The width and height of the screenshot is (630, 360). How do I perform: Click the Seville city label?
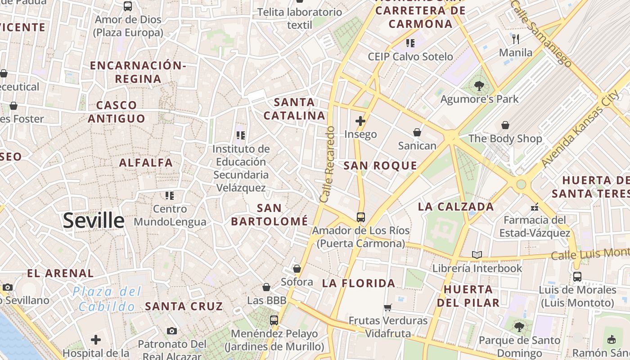pyautogui.click(x=94, y=220)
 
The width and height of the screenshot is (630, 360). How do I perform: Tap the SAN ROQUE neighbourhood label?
pyautogui.click(x=380, y=166)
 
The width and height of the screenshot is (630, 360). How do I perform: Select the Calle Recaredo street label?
pyautogui.click(x=328, y=164)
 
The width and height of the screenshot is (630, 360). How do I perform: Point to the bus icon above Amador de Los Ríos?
pyautogui.click(x=361, y=217)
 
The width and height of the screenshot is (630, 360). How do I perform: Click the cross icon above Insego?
pyautogui.click(x=360, y=121)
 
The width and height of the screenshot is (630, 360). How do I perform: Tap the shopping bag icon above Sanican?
pyautogui.click(x=417, y=132)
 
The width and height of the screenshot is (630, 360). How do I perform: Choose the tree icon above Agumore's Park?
pyautogui.click(x=479, y=85)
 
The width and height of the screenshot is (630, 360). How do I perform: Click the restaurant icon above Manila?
pyautogui.click(x=516, y=39)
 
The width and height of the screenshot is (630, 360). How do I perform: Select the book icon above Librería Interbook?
pyautogui.click(x=477, y=255)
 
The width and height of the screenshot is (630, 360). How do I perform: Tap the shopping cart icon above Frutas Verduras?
pyautogui.click(x=388, y=307)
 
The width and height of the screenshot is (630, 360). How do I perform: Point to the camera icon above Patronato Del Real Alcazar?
pyautogui.click(x=171, y=331)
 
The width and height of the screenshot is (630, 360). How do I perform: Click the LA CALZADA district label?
pyautogui.click(x=456, y=207)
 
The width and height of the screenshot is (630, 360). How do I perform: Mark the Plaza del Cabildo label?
pyautogui.click(x=107, y=299)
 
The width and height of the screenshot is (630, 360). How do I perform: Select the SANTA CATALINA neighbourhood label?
pyautogui.click(x=294, y=109)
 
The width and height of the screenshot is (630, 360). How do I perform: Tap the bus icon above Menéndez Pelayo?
pyautogui.click(x=274, y=320)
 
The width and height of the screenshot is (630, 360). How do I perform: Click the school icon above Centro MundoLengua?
pyautogui.click(x=170, y=196)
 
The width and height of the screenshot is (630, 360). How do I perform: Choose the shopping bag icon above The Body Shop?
pyautogui.click(x=505, y=125)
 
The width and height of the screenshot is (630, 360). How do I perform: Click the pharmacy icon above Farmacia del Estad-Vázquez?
pyautogui.click(x=535, y=207)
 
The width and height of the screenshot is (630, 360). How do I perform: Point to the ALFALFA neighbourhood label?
pyautogui.click(x=146, y=163)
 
